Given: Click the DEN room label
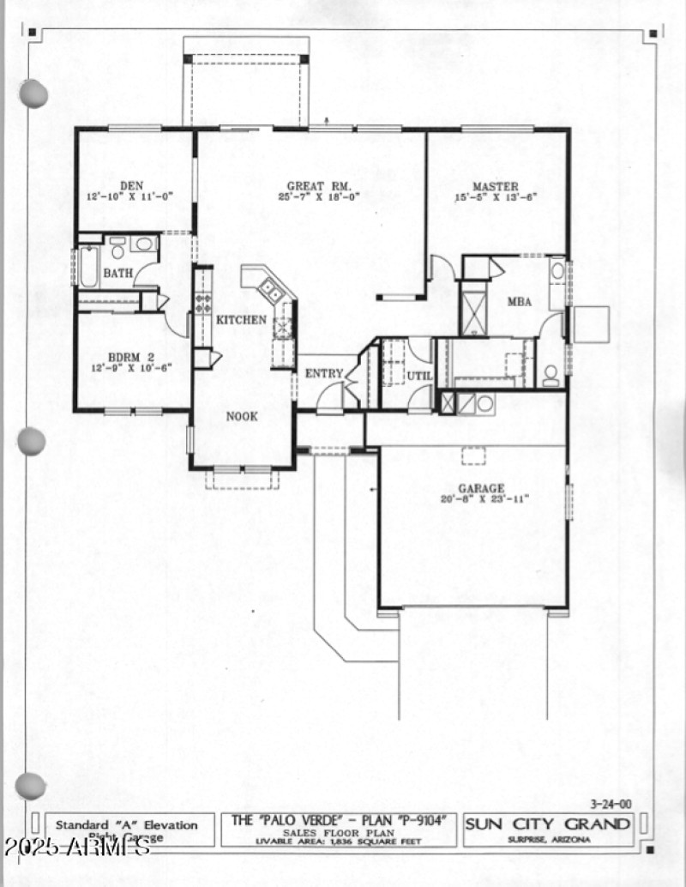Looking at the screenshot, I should coord(131,185).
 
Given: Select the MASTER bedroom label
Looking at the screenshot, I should coord(495,186).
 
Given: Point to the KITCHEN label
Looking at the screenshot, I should coord(241,320).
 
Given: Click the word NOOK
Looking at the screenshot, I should coord(241,417).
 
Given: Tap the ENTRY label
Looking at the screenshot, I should coord(324,373).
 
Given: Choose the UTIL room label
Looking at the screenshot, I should coord(420,376).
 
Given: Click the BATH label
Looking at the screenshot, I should coord(117,274).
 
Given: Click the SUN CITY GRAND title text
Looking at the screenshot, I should coord(548,824).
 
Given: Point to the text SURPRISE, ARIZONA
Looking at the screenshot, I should coord(547,839).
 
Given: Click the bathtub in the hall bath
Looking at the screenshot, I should coord(88,267).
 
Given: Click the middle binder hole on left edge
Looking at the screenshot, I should coord(31,441).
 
